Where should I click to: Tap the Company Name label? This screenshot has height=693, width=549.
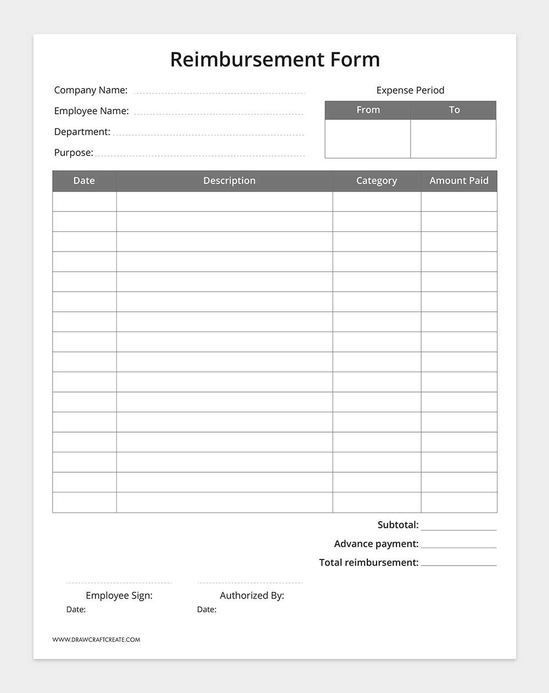tap(91, 90)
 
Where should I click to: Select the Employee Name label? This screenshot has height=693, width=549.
tap(91, 111)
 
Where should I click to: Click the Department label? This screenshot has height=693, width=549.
tap(82, 132)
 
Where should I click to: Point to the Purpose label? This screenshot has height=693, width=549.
tap(74, 153)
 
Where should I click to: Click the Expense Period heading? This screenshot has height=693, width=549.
tap(410, 90)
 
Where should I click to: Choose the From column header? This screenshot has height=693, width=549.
tap(368, 110)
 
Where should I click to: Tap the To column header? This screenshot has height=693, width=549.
tap(454, 110)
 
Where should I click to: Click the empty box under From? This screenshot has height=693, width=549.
tap(368, 138)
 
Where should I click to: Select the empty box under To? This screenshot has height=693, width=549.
tap(453, 138)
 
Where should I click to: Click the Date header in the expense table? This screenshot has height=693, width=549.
tap(84, 181)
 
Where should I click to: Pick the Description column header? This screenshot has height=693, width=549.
tap(229, 181)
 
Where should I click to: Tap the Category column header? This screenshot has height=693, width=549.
tap(376, 181)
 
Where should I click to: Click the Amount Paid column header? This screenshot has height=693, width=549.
tap(458, 181)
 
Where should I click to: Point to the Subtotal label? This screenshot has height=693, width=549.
tap(397, 525)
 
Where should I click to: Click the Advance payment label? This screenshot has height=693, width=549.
tap(376, 544)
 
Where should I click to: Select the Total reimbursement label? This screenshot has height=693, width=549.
tap(368, 562)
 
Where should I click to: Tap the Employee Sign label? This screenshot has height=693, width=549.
tap(119, 595)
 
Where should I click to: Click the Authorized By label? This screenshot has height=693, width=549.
tap(252, 595)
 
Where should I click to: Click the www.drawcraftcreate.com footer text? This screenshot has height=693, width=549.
tap(96, 640)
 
